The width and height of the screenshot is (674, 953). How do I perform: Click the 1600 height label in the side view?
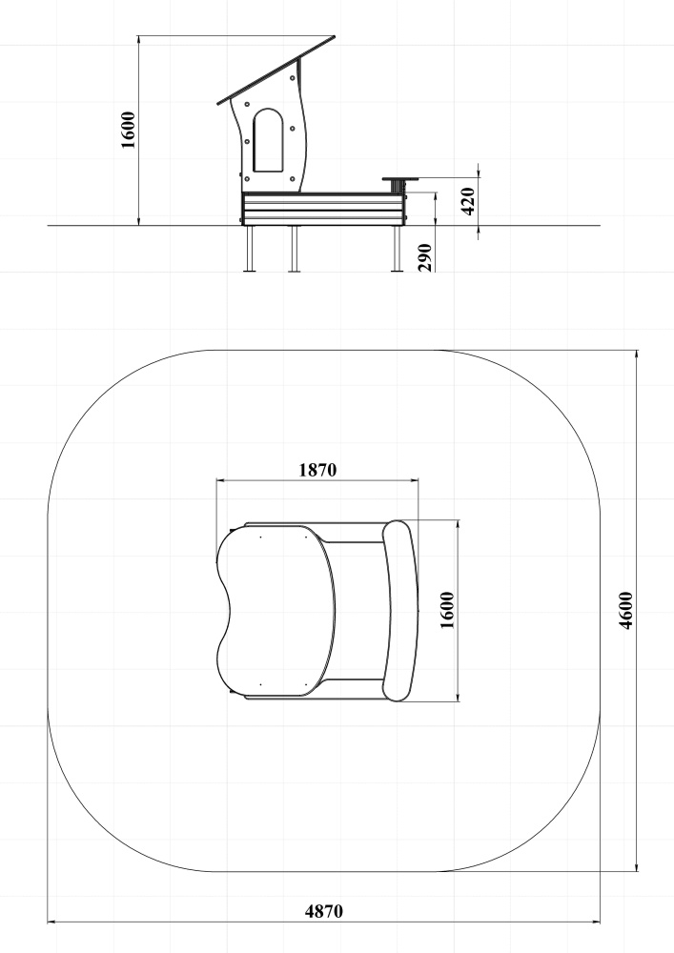coord(128,130)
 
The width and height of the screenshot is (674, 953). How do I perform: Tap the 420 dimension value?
coord(468,201)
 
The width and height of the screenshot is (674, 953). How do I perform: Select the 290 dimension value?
coord(425,257)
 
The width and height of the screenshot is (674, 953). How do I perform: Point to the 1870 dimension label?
coord(317,470)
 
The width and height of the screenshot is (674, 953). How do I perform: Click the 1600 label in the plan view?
coord(447,610)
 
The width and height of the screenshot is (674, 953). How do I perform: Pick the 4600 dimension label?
coord(626,610)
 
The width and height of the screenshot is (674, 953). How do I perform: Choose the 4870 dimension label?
coord(323,911)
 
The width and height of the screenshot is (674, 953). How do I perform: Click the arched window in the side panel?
coord(268,140)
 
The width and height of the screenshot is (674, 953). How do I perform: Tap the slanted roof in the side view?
coord(276,70)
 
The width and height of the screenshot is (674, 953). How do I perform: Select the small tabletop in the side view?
coord(400,179)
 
